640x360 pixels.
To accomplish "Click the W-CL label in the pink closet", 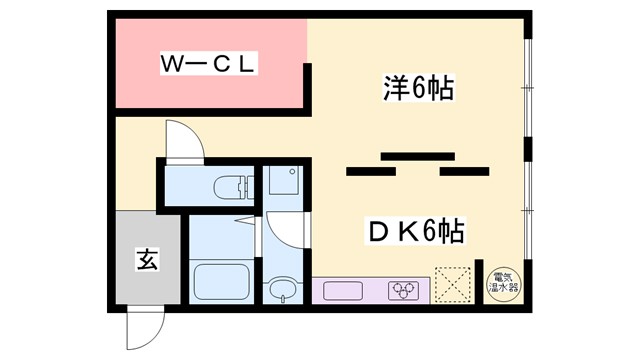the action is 211,66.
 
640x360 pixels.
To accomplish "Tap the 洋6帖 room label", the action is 418,89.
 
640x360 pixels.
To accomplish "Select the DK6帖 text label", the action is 416,232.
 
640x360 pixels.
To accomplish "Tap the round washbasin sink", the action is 281,291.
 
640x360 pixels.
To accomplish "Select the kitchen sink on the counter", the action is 342,291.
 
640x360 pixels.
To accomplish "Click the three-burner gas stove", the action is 405,290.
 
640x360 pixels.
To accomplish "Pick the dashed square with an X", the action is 455,284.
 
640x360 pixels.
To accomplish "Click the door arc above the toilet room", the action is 184,140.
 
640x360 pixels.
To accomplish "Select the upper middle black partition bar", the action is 411,155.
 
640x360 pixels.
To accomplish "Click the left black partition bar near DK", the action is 368,172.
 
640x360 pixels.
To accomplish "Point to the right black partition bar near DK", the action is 463,172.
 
